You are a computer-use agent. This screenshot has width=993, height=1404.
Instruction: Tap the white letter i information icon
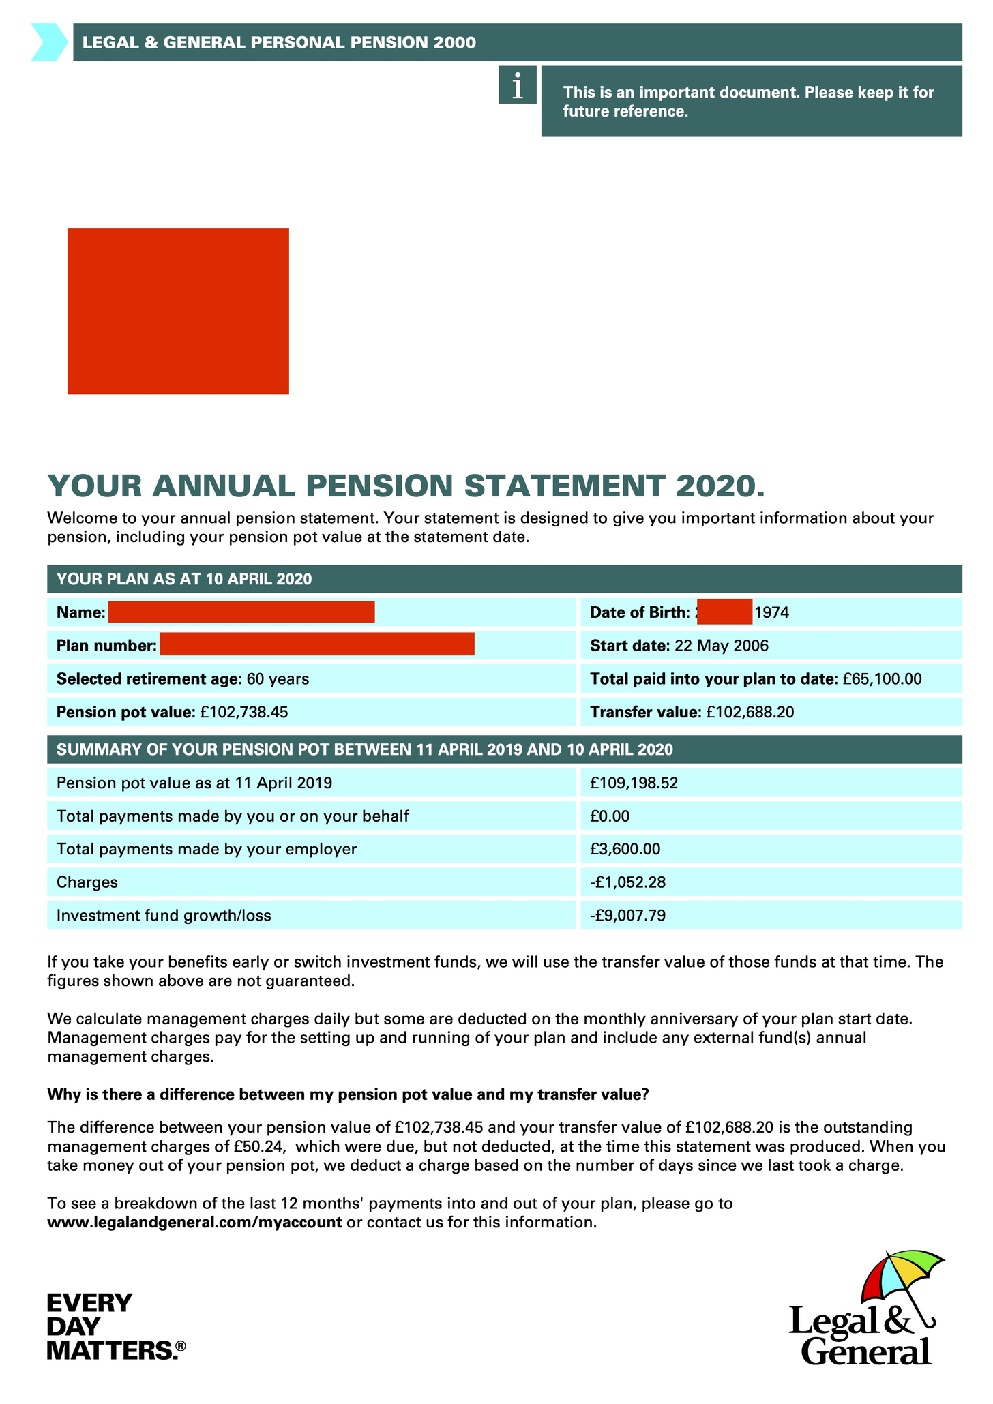pos(518,85)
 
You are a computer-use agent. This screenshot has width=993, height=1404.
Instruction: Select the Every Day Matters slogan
pos(115,1326)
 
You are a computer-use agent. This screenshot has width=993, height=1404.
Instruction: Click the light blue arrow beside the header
pos(49,42)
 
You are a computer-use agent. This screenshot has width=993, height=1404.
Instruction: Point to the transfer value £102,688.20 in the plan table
pos(750,713)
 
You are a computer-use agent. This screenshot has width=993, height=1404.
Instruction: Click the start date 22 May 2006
pos(721,646)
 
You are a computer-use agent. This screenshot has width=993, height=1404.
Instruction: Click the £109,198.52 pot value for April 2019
pos(634,783)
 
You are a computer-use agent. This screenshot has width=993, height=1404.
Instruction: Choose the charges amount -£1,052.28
pos(627,882)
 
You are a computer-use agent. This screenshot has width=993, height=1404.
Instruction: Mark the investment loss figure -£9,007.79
pos(627,915)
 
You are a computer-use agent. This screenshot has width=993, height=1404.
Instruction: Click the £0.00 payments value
pos(610,816)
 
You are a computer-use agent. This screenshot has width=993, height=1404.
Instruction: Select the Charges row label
pos(87,882)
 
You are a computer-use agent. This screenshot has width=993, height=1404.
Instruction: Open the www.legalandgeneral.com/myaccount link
pos(194,1222)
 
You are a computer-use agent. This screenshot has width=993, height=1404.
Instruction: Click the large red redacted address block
pos(178,311)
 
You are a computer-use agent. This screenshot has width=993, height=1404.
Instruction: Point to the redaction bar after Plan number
pos(316,644)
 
